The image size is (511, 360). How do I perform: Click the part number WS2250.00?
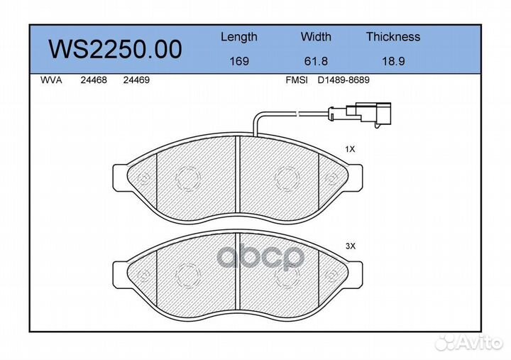(x=115, y=49)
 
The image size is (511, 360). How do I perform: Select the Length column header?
(x=239, y=37)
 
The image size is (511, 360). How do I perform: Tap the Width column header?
(x=316, y=36)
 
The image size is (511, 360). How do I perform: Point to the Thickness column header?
(x=393, y=36)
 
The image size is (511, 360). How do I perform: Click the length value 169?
(x=239, y=61)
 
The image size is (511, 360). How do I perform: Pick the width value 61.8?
(x=316, y=61)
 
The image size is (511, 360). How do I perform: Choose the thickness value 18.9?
(x=393, y=61)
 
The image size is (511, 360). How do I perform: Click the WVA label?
(x=51, y=80)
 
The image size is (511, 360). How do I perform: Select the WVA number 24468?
(x=94, y=80)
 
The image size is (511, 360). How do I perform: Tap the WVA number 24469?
(x=136, y=80)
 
